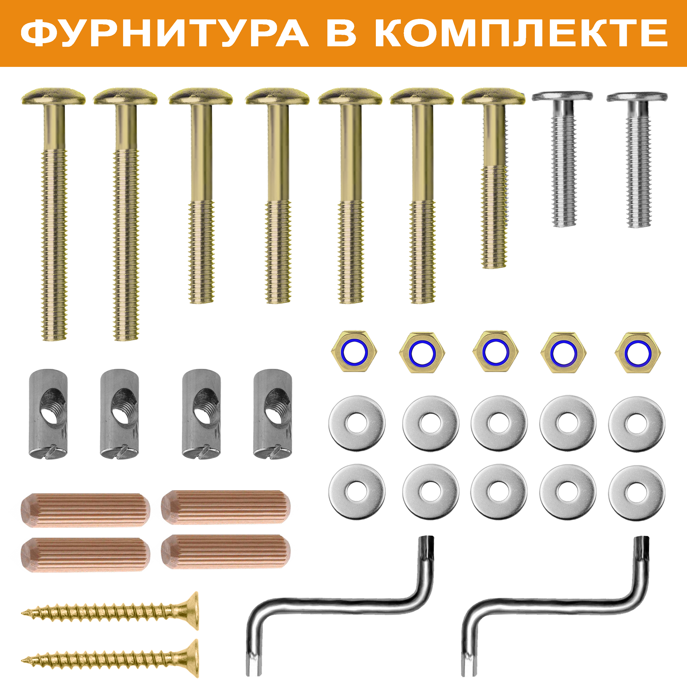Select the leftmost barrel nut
[48, 414]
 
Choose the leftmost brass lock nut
[354, 351]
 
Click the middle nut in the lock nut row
[495, 351]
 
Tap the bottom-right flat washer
[637, 492]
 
